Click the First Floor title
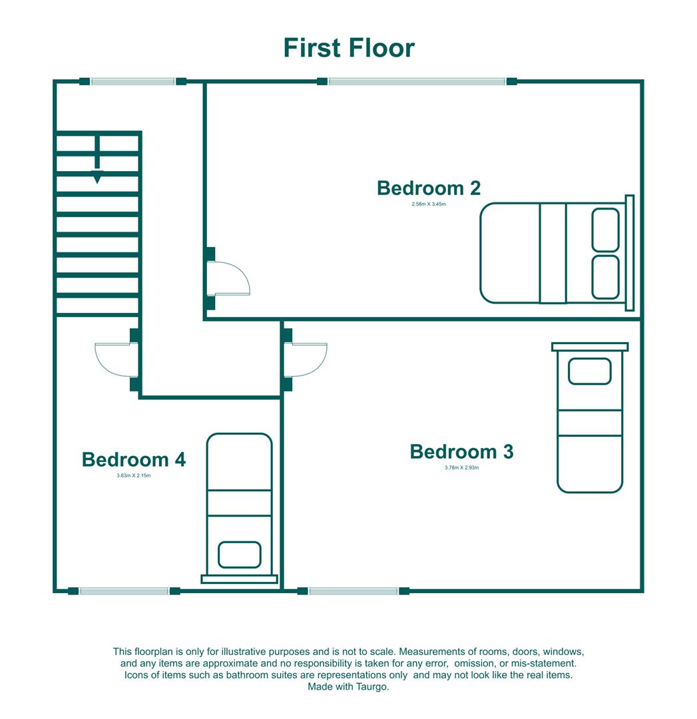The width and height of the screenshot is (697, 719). (x=349, y=48)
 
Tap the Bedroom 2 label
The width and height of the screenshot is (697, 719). (x=428, y=188)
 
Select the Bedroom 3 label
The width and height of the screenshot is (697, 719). (x=461, y=451)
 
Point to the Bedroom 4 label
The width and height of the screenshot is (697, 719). (x=133, y=459)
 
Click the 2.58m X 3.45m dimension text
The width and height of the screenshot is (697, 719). (x=428, y=204)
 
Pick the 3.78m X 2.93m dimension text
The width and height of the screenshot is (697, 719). (x=461, y=468)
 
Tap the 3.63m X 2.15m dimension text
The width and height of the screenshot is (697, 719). (x=133, y=475)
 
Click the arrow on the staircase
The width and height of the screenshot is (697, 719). (x=97, y=176)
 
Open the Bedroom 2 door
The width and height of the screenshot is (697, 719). (x=228, y=278)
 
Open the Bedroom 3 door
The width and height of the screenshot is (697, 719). (x=306, y=359)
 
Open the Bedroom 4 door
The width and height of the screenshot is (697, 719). (x=116, y=359)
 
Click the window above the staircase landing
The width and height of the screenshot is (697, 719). (x=132, y=81)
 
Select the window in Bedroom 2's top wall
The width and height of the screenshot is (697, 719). (x=417, y=81)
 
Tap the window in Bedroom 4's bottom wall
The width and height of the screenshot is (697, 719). (x=124, y=591)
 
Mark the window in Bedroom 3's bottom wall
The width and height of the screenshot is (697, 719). (x=353, y=591)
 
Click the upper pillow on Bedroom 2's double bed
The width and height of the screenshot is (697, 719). (x=605, y=230)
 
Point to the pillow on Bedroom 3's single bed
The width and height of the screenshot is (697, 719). (x=589, y=371)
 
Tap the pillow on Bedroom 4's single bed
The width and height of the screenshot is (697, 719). (x=239, y=555)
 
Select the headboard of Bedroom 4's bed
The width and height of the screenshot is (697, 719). (x=239, y=579)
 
